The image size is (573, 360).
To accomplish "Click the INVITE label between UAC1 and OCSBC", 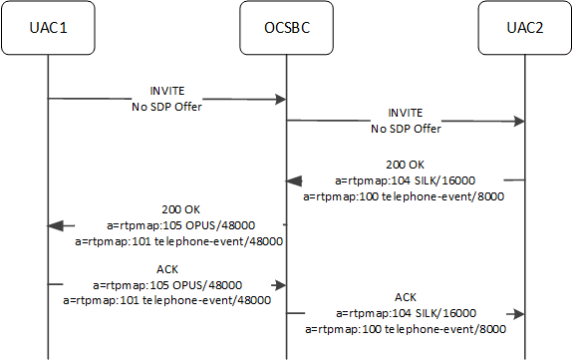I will point(166,89).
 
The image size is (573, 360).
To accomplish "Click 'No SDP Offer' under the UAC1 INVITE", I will point(166,105).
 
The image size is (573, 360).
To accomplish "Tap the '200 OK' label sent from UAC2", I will point(405,165).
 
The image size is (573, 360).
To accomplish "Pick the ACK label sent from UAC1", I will point(167,269).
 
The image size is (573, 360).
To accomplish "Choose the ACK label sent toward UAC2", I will point(405,296).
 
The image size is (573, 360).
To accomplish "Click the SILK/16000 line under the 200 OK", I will point(405,180).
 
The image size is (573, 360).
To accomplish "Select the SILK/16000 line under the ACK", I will point(405,312).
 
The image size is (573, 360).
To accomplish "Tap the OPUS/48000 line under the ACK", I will point(167,284).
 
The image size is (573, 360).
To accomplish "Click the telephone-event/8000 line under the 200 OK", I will point(405,196).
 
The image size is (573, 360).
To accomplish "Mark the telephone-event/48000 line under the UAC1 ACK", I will point(167,299).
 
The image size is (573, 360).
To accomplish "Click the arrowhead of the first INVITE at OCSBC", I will point(280,99).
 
